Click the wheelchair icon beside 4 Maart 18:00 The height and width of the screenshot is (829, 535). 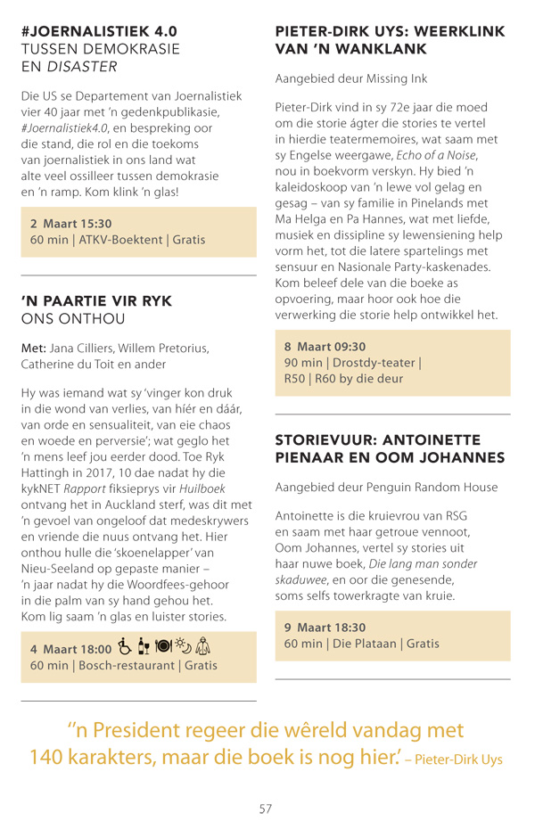[x=125, y=646]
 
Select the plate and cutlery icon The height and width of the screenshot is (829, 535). [x=163, y=646]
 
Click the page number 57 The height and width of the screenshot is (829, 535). [x=266, y=808]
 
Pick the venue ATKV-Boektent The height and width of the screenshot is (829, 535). [x=120, y=240]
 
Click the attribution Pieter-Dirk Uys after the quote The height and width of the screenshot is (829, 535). [x=458, y=760]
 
